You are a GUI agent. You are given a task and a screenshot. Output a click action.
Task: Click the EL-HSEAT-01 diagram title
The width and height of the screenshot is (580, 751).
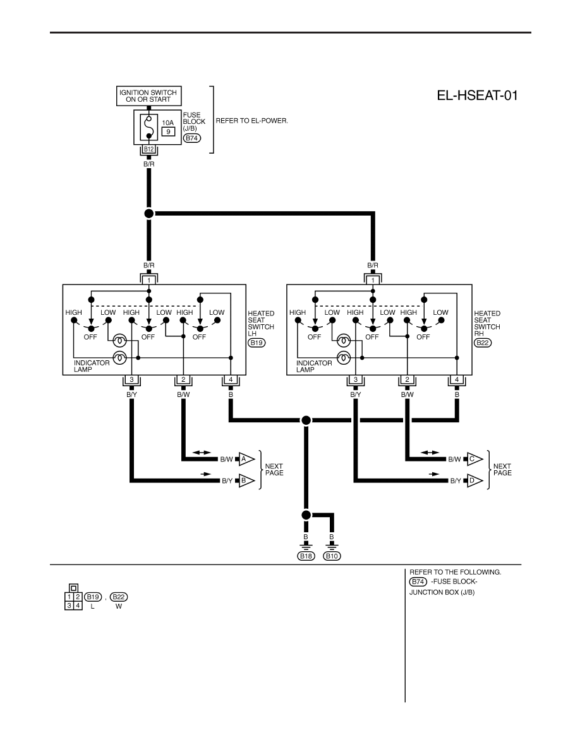(477, 95)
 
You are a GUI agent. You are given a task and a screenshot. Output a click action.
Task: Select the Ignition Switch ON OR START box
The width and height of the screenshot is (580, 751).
(148, 96)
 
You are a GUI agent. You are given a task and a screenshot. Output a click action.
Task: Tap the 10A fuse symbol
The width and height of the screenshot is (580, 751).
(149, 127)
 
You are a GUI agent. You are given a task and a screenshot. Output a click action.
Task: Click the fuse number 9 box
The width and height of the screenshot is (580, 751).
(168, 131)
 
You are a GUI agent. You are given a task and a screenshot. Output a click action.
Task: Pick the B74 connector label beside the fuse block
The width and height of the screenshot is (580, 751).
(192, 138)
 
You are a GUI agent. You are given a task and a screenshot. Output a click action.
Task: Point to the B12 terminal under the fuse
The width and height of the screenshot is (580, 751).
(149, 149)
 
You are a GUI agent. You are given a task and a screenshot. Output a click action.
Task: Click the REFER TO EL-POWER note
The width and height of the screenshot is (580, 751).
(251, 121)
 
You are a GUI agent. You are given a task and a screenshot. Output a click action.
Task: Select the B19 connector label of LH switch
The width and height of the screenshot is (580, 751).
(257, 343)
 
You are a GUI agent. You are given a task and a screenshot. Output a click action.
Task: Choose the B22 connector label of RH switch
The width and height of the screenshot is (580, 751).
(483, 343)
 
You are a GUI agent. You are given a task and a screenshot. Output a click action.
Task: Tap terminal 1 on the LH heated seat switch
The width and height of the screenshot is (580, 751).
(149, 280)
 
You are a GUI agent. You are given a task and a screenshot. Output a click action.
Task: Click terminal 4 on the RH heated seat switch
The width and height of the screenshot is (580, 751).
(457, 380)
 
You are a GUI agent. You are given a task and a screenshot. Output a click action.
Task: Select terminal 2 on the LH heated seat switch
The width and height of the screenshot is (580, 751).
(183, 380)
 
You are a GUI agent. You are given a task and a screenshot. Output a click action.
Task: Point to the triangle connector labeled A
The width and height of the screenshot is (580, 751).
(246, 460)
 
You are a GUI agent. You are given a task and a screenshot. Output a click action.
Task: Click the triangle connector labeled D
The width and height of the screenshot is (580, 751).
(474, 480)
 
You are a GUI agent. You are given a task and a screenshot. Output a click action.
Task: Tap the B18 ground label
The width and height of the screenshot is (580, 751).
(306, 556)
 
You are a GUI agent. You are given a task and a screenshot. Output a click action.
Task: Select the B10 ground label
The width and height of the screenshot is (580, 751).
(332, 556)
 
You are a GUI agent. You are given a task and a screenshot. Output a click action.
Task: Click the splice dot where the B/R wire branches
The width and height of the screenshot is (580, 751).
(149, 213)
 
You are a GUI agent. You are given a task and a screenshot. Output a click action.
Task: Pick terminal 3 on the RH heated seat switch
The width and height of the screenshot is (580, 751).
(356, 380)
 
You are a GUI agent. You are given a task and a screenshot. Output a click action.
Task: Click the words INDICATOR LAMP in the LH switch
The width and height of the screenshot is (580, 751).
(92, 367)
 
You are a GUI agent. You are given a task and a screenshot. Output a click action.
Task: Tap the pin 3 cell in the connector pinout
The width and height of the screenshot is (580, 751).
(69, 606)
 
